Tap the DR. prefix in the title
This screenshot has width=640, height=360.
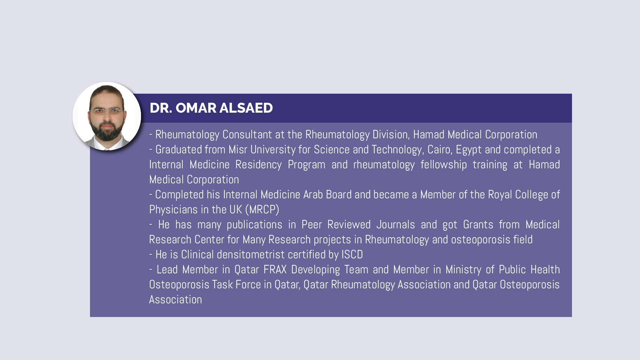click(161, 108)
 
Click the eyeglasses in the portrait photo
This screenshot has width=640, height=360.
click(107, 111)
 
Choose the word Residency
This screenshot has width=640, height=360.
click(258, 164)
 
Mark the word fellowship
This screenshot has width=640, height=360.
click(443, 164)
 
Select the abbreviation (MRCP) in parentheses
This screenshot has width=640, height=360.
click(262, 210)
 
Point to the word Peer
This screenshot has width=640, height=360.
click(311, 224)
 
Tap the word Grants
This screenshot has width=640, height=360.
click(478, 224)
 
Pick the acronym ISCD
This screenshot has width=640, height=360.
click(352, 254)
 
